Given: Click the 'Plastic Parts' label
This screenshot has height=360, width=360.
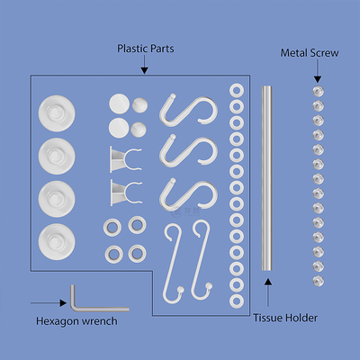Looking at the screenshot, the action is pos(146,49).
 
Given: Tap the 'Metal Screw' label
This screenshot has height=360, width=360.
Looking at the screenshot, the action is pos(310,53).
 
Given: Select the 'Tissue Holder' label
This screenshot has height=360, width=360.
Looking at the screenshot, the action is pos(285,318).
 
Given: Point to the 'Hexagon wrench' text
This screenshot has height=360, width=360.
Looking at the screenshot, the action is pos(76,321).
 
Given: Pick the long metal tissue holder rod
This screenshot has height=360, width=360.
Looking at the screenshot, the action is pos(266,178).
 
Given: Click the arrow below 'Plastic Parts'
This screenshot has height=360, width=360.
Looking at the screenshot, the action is pos(145,64).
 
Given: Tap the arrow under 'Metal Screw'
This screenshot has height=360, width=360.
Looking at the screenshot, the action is pos(318,71).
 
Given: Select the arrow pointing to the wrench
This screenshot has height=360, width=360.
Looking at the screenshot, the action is pos(49,303).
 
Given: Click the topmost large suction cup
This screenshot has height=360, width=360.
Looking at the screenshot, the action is pos(57,113).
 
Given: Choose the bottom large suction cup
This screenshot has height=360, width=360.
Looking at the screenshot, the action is pos(57,242).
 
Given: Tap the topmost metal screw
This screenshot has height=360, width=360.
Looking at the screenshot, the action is pos(319,91).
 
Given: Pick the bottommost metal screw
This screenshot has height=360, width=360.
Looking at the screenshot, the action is pos(319,281).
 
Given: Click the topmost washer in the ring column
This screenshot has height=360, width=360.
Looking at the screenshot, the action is pos(237,90).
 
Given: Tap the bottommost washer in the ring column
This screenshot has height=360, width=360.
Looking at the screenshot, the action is pos(237,301).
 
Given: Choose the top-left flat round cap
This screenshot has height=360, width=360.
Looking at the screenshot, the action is pos(119,103).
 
